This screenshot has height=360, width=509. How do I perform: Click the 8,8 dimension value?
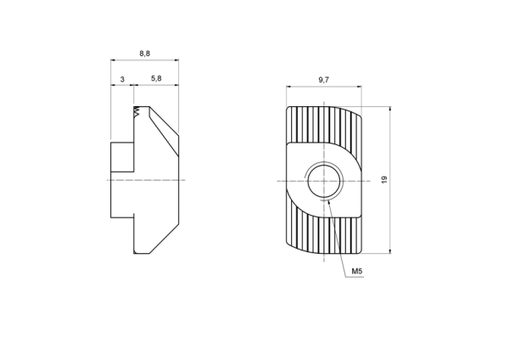145,53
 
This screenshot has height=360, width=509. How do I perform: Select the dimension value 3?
122,79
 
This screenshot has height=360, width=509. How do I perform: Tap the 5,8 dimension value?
156,78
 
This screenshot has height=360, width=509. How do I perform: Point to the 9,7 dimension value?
324,80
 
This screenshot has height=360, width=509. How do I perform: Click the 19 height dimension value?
384,179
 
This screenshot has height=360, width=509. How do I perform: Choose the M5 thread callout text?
357,272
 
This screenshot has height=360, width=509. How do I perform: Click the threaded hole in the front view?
324,181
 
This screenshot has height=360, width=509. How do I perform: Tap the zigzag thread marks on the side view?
137,112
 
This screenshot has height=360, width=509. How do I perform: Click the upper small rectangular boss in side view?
122,157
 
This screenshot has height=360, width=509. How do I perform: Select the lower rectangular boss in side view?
122,199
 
